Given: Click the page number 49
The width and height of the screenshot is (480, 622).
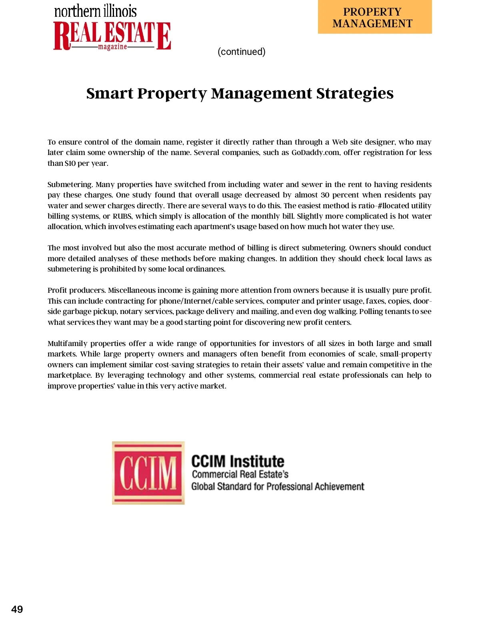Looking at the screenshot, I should point(17,609).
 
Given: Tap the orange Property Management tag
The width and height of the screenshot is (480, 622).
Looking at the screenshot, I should point(374,17).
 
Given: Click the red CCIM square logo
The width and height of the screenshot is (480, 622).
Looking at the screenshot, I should point(148,473).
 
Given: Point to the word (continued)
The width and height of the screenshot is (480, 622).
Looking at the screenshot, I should point(241,52).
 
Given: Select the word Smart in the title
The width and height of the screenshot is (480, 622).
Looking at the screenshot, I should point(110,93).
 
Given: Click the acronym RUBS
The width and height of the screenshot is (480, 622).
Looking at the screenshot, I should point(122,216).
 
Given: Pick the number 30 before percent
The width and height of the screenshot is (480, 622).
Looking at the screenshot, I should point(325,195).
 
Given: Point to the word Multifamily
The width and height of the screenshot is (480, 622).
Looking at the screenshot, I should point(67,343).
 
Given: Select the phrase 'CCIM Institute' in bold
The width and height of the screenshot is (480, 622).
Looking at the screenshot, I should point(238,461).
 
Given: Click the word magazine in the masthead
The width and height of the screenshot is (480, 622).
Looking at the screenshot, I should point(112,47).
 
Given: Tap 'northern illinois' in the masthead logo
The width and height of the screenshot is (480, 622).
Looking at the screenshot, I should point(95,11).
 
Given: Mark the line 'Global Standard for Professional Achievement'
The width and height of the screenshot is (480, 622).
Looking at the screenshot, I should point(278,486).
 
